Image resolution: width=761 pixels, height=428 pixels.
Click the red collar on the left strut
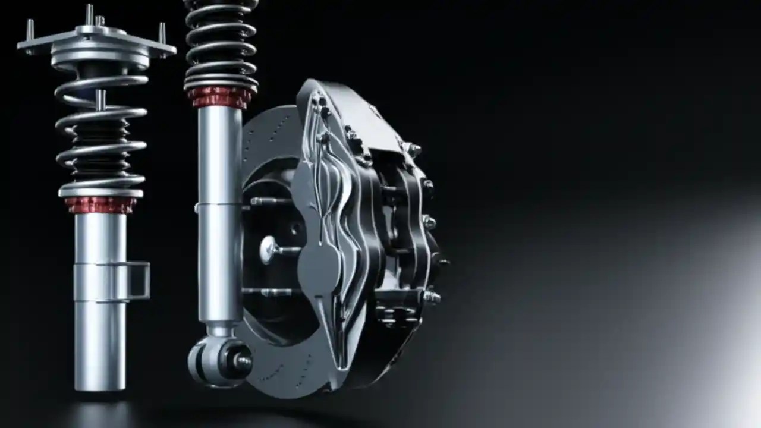tap(100, 204)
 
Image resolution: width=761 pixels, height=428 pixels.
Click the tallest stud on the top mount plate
tap(89, 14)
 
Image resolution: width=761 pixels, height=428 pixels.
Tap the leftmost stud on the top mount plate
tap(30, 29)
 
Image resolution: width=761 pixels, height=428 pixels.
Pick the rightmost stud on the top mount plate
tap(162, 33)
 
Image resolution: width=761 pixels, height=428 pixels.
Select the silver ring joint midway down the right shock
tap(219, 205)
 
